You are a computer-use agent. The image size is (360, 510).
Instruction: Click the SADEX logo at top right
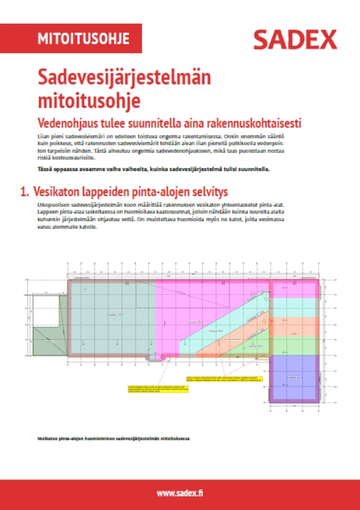pos(295,40)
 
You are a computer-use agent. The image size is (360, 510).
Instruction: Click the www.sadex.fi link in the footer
pos(180,494)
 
